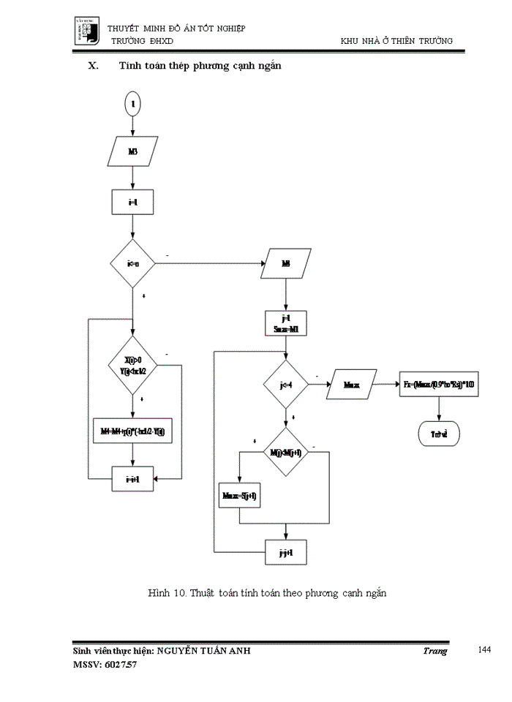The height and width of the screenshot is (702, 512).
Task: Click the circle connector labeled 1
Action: coord(132,104)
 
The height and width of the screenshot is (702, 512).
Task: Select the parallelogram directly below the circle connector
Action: coord(132,151)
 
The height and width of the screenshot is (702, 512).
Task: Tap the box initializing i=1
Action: coord(132,203)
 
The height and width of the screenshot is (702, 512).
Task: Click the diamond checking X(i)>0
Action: coord(132,365)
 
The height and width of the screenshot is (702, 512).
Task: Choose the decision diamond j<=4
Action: coord(285,384)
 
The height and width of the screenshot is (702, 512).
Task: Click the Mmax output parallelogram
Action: coord(354,384)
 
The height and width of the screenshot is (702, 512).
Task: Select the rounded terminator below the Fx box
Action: coord(439,433)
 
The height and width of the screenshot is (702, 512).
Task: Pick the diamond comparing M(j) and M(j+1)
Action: coord(285,453)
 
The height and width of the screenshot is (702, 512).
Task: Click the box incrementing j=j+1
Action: coord(285,552)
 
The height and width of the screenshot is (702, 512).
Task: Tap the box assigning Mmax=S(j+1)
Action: coord(240,495)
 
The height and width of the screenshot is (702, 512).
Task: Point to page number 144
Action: coord(483,649)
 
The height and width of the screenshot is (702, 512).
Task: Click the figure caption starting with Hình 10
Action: coord(266,593)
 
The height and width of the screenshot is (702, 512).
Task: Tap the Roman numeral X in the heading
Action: coord(92,67)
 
